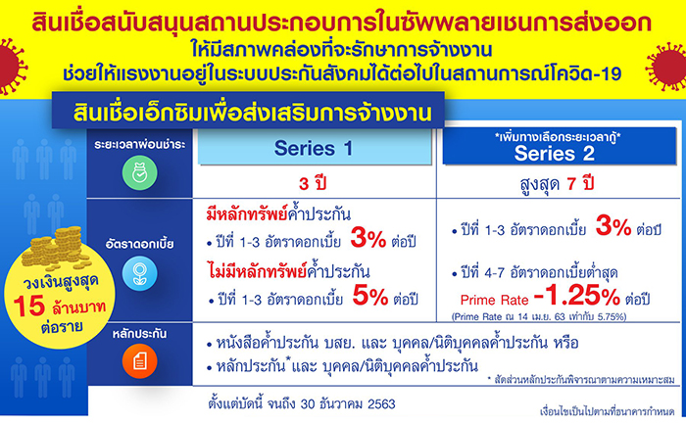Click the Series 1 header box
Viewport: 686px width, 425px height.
pyautogui.click(x=315, y=147)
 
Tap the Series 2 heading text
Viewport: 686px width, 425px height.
pyautogui.click(x=555, y=154)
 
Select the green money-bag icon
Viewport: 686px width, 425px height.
pyautogui.click(x=139, y=172)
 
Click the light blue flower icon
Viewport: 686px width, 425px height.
pyautogui.click(x=139, y=274)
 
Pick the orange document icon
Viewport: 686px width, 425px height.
pyautogui.click(x=139, y=361)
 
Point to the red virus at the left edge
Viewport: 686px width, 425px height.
pyautogui.click(x=11, y=66)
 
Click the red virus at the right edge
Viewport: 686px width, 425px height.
pyautogui.click(x=666, y=67)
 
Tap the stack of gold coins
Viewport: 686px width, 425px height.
pyautogui.click(x=56, y=248)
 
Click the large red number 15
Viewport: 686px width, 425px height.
pyautogui.click(x=28, y=306)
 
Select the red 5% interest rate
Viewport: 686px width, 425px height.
pyautogui.click(x=370, y=296)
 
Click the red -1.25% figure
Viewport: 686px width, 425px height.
pyautogui.click(x=577, y=296)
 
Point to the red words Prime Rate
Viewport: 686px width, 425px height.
pyautogui.click(x=494, y=300)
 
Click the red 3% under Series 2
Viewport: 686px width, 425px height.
pyautogui.click(x=613, y=226)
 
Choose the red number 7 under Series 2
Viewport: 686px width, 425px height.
pyautogui.click(x=571, y=184)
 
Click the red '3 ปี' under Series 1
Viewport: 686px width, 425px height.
pyautogui.click(x=313, y=183)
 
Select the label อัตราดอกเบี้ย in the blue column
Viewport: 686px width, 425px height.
pyautogui.click(x=139, y=244)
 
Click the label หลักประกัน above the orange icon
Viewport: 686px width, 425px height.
pyautogui.click(x=139, y=334)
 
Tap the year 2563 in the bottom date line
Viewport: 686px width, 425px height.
pyautogui.click(x=381, y=403)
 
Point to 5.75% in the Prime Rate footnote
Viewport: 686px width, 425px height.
pyautogui.click(x=612, y=316)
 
